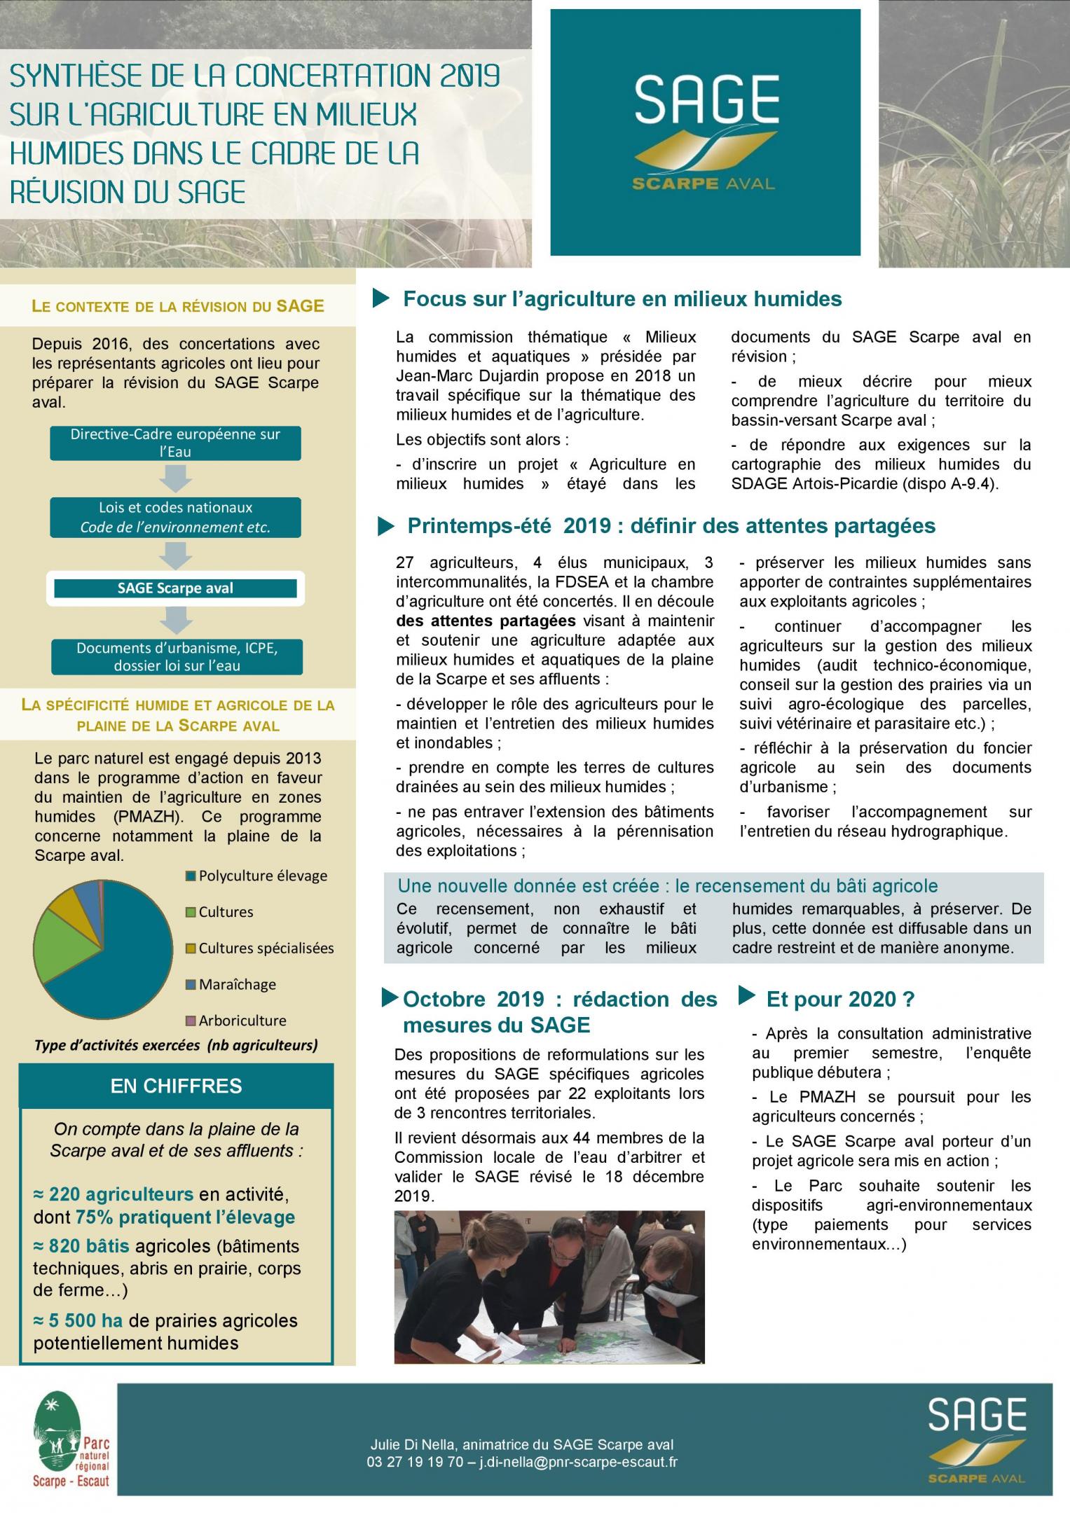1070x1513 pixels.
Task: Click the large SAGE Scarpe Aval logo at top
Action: tap(705, 133)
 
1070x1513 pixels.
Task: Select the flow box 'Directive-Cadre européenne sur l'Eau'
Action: tap(175, 443)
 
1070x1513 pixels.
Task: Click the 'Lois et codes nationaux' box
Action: tap(175, 517)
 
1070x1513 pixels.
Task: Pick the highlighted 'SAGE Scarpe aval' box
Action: tap(175, 588)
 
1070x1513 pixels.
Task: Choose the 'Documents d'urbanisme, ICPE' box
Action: tap(177, 656)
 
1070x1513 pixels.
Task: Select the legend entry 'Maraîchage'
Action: tap(237, 984)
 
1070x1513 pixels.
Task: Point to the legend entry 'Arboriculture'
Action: tap(242, 1021)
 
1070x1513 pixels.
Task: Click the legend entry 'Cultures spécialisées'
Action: tap(266, 948)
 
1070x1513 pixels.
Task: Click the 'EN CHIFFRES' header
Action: tap(177, 1086)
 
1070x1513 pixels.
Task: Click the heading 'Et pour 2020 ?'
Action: tap(840, 999)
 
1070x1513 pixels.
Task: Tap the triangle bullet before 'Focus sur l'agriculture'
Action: tap(381, 299)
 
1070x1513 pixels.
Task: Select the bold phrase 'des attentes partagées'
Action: tap(486, 621)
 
